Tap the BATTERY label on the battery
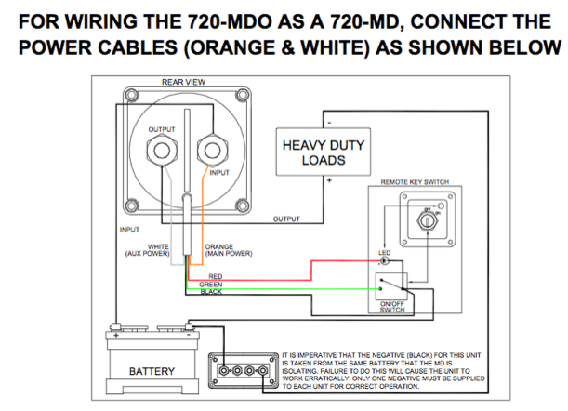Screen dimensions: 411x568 pyautogui.click(x=152, y=372)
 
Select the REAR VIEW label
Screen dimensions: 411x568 pyautogui.click(x=182, y=82)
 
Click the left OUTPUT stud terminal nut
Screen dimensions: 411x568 pyautogui.click(x=161, y=149)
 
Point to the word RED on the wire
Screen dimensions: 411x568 pyautogui.click(x=215, y=276)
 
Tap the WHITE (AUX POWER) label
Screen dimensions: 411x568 pyautogui.click(x=148, y=250)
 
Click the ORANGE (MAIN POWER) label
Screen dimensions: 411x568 pyautogui.click(x=226, y=250)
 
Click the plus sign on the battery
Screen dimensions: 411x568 pyautogui.click(x=115, y=332)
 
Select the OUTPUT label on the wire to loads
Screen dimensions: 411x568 pyautogui.click(x=286, y=219)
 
